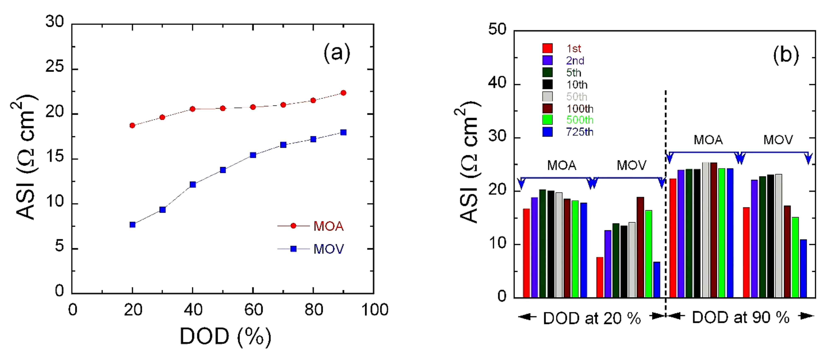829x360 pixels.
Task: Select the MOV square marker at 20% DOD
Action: click(x=132, y=225)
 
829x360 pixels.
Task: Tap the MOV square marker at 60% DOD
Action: click(x=253, y=155)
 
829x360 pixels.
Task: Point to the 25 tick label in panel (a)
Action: click(x=55, y=67)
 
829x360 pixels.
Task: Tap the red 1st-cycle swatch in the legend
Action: click(x=548, y=48)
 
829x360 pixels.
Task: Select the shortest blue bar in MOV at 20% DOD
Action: click(x=656, y=279)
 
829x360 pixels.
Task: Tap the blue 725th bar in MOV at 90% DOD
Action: click(x=803, y=268)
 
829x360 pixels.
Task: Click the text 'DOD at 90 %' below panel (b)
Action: click(x=740, y=318)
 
